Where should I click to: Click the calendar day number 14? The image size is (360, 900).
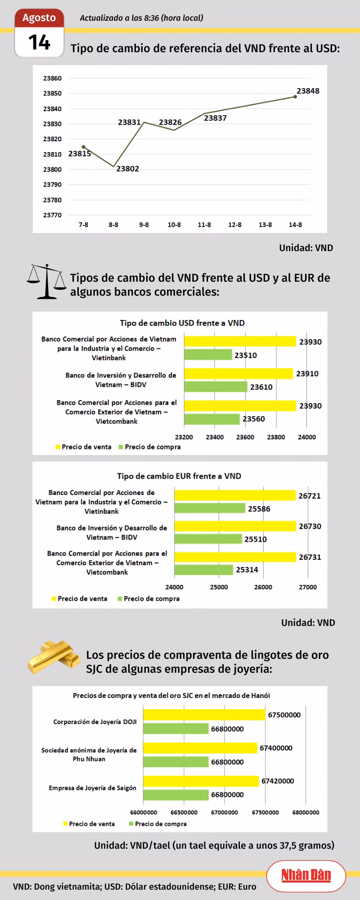(39, 42)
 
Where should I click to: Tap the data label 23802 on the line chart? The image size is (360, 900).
(128, 169)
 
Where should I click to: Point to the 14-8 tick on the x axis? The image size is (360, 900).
(295, 225)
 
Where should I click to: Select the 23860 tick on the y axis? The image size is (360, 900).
(52, 78)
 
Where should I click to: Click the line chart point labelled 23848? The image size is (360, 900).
(295, 97)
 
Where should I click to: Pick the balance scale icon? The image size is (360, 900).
(46, 282)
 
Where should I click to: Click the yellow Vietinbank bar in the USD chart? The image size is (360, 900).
(240, 342)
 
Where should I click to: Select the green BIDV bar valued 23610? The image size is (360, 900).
(216, 387)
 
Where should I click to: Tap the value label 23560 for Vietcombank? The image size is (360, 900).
(254, 419)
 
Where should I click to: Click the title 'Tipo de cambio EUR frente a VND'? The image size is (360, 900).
(179, 476)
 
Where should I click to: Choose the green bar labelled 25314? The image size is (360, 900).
(204, 570)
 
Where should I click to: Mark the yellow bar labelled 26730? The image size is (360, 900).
(235, 526)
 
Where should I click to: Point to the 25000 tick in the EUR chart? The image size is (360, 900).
(219, 587)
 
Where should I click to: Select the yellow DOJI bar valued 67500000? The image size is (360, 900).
(204, 715)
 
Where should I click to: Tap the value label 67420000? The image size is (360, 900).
(278, 781)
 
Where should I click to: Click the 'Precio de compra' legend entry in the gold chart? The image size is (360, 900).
(157, 824)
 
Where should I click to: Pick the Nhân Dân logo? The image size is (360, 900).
(306, 875)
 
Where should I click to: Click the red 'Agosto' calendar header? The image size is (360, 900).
(39, 18)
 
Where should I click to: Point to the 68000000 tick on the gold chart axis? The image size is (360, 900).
(306, 812)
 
